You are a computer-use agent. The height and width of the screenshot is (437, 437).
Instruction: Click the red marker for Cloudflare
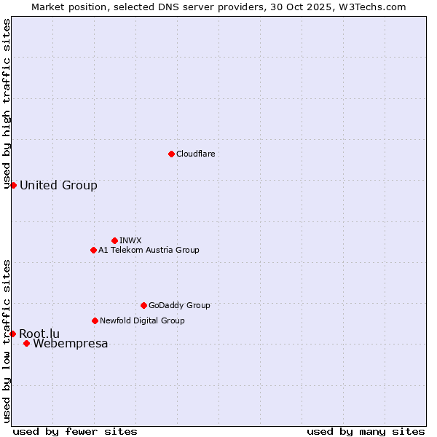coord(171,154)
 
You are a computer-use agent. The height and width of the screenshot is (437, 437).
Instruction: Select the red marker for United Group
coord(13,185)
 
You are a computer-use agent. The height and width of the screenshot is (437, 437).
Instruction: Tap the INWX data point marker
coord(114,240)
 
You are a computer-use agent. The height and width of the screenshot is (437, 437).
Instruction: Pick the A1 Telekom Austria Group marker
coord(93,250)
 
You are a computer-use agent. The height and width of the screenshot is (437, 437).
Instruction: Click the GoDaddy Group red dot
coord(143,305)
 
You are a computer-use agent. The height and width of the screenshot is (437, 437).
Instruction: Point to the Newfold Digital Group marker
coord(95,320)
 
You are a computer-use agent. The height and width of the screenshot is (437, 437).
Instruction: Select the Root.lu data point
coord(12,334)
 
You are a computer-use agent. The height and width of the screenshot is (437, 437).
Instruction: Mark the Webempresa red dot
coord(26,343)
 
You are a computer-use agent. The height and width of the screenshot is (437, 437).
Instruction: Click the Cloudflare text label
coord(195,154)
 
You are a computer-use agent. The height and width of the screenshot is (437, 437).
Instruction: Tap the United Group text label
coord(58,185)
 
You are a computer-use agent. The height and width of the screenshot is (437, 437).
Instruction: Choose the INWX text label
coord(130,240)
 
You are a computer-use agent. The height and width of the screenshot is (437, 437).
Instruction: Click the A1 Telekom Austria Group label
coord(149,250)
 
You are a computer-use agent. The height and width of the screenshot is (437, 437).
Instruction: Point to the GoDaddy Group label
coord(179,305)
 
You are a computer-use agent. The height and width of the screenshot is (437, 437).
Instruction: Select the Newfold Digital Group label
coord(142,320)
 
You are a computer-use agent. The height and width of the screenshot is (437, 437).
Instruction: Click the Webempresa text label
coord(71,344)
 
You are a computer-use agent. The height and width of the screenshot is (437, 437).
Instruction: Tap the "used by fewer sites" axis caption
coord(75,431)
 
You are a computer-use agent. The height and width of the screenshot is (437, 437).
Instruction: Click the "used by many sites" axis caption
coord(366,431)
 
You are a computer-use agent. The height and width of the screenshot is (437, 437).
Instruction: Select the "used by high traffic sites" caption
coord(7,104)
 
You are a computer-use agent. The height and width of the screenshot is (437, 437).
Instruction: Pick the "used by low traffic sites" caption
coord(7,341)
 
